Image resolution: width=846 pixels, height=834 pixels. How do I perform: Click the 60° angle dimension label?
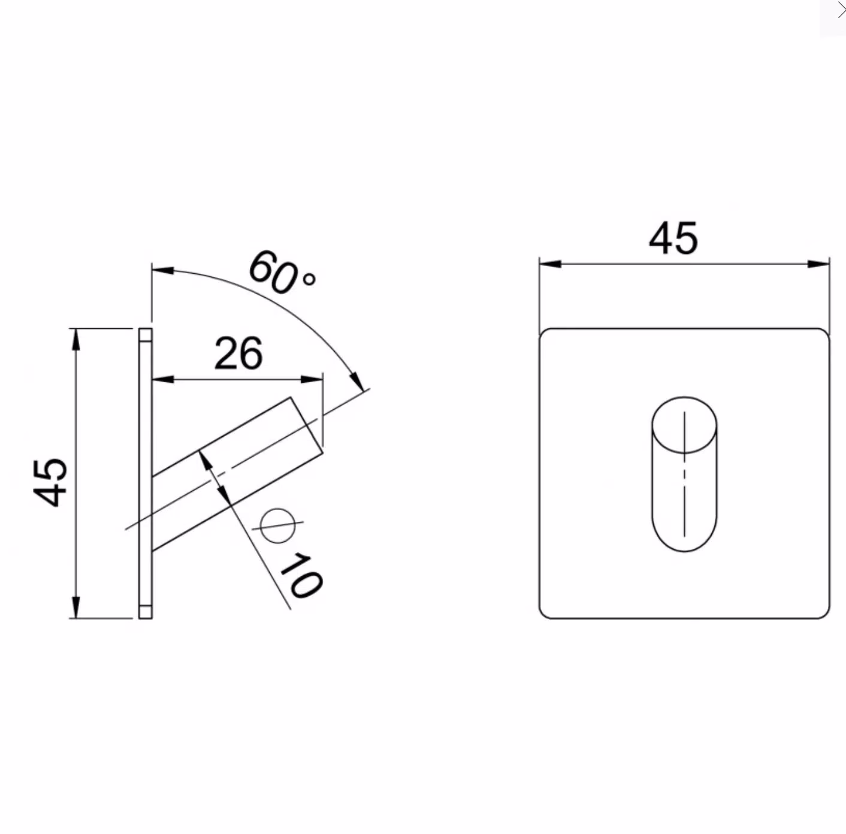point(282,272)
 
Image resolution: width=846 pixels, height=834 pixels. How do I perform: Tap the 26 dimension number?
point(238,353)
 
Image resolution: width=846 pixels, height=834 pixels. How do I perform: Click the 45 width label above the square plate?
point(673,238)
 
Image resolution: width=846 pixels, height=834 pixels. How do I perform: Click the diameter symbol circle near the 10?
point(277,525)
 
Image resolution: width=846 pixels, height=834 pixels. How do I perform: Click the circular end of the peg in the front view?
point(684,425)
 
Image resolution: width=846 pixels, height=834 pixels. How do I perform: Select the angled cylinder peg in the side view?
point(237,474)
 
